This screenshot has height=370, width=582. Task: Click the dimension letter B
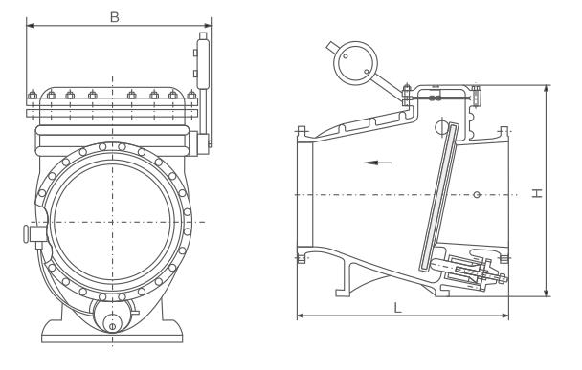(115, 17)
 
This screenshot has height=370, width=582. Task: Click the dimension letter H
(537, 193)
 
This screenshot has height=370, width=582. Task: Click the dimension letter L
(397, 308)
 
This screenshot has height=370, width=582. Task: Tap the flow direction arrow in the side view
(377, 163)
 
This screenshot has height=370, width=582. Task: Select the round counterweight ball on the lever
(355, 62)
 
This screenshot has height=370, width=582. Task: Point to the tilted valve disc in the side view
(438, 196)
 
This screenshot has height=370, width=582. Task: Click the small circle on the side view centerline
(478, 195)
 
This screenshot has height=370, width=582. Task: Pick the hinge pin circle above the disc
(441, 127)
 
